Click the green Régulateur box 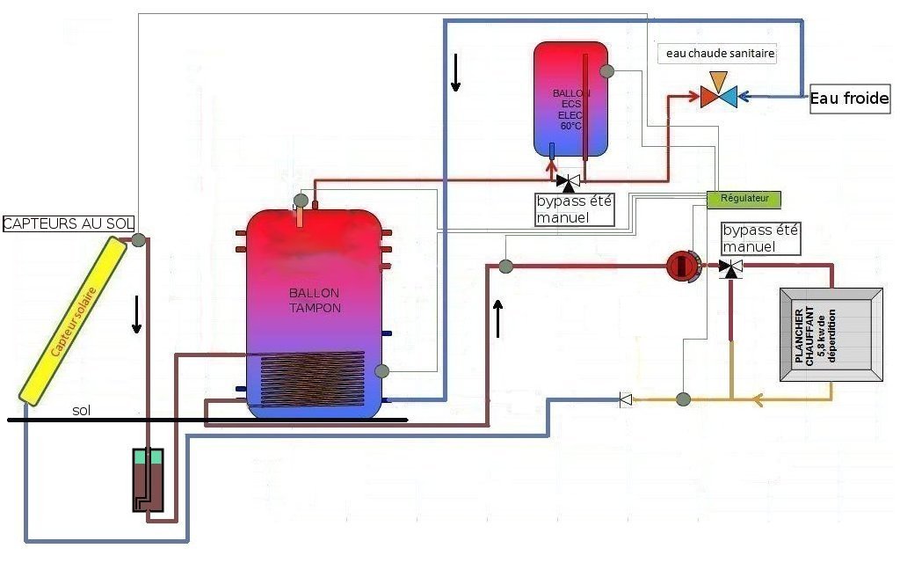coord(743,199)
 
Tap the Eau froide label coord(849,100)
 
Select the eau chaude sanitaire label coord(720,55)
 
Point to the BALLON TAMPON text coord(315,301)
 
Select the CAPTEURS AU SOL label coord(68,224)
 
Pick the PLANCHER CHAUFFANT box coord(831,335)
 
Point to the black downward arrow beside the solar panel coord(136,314)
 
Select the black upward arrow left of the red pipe coord(499,318)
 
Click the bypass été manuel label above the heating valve coord(760,238)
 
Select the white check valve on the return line coord(626,399)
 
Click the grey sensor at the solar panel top coord(139,238)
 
